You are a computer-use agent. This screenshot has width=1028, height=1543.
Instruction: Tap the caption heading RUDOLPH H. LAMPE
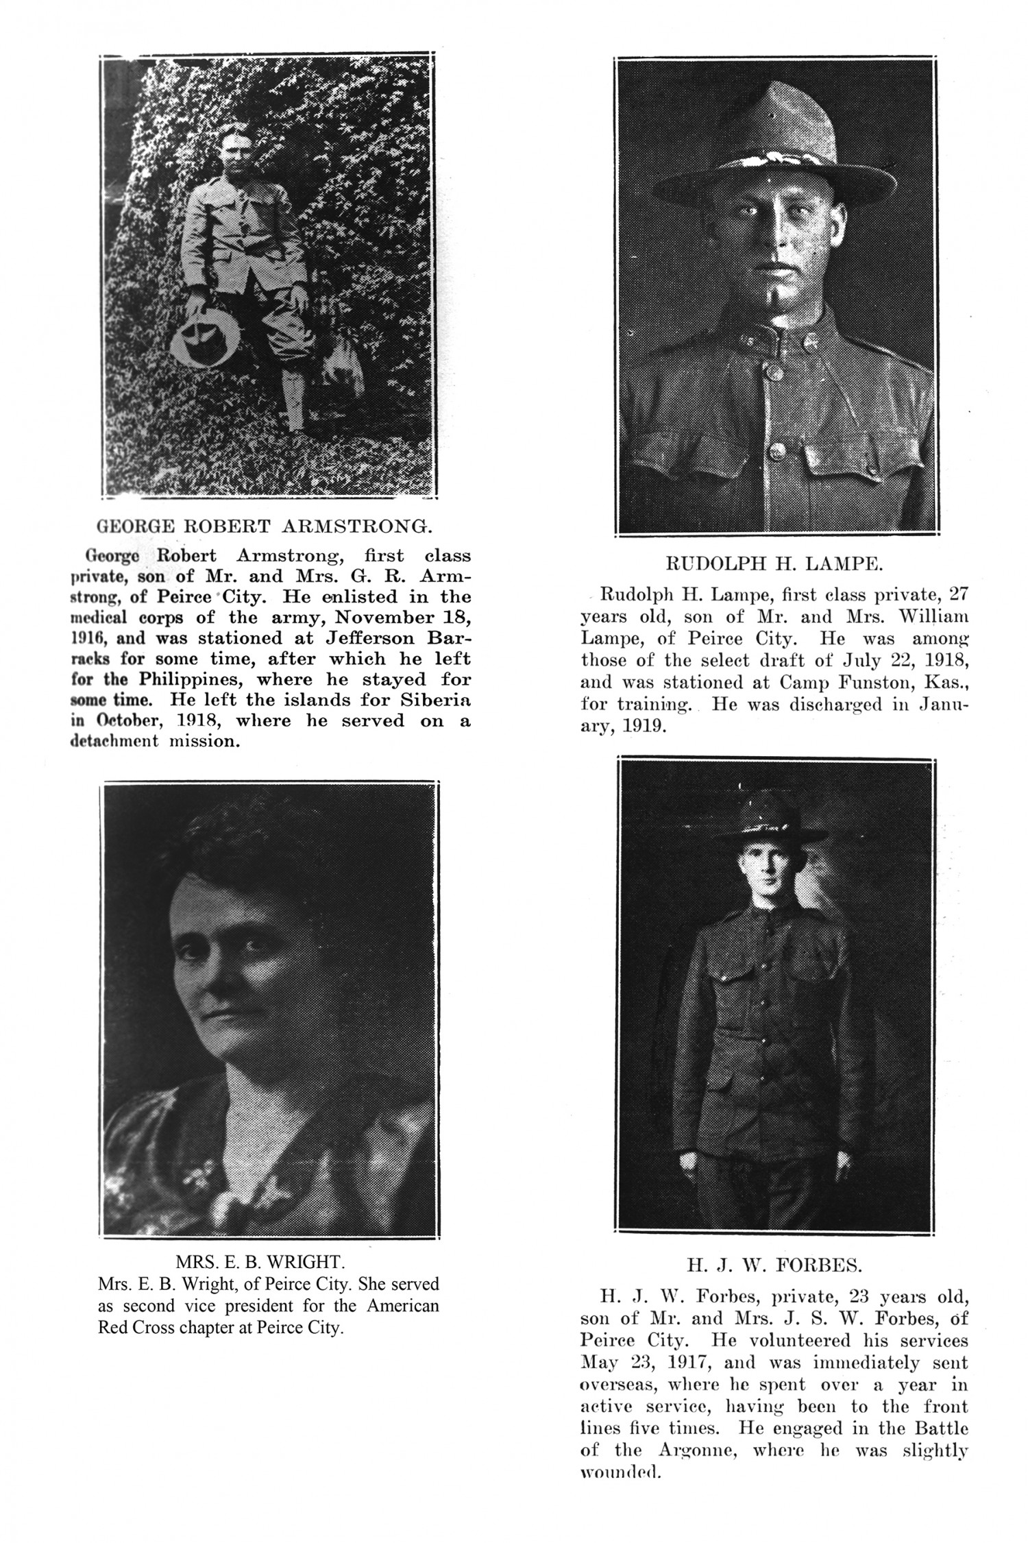pyautogui.click(x=774, y=564)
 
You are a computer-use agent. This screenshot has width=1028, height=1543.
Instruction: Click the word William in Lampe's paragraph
pyautogui.click(x=933, y=616)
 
